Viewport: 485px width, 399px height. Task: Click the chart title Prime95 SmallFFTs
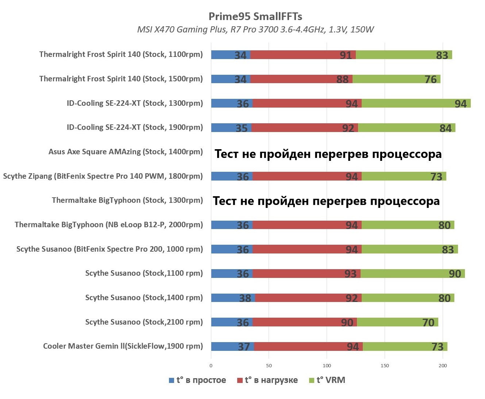255,16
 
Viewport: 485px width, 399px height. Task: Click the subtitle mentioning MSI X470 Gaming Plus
255,30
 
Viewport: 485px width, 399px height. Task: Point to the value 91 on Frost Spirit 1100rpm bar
346,55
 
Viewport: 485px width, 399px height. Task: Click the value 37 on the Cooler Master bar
244,346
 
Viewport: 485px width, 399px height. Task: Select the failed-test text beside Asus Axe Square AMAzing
328,154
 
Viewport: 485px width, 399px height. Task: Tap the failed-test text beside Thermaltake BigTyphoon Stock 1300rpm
326,201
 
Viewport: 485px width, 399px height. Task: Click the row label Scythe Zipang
103,176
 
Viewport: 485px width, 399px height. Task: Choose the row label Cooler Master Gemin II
123,346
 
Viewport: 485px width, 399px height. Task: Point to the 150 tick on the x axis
385,365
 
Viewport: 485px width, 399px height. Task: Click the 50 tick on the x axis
269,365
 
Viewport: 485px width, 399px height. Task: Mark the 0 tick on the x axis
211,365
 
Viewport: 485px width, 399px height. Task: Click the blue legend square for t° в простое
172,380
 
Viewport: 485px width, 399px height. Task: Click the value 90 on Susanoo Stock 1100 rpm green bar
455,274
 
